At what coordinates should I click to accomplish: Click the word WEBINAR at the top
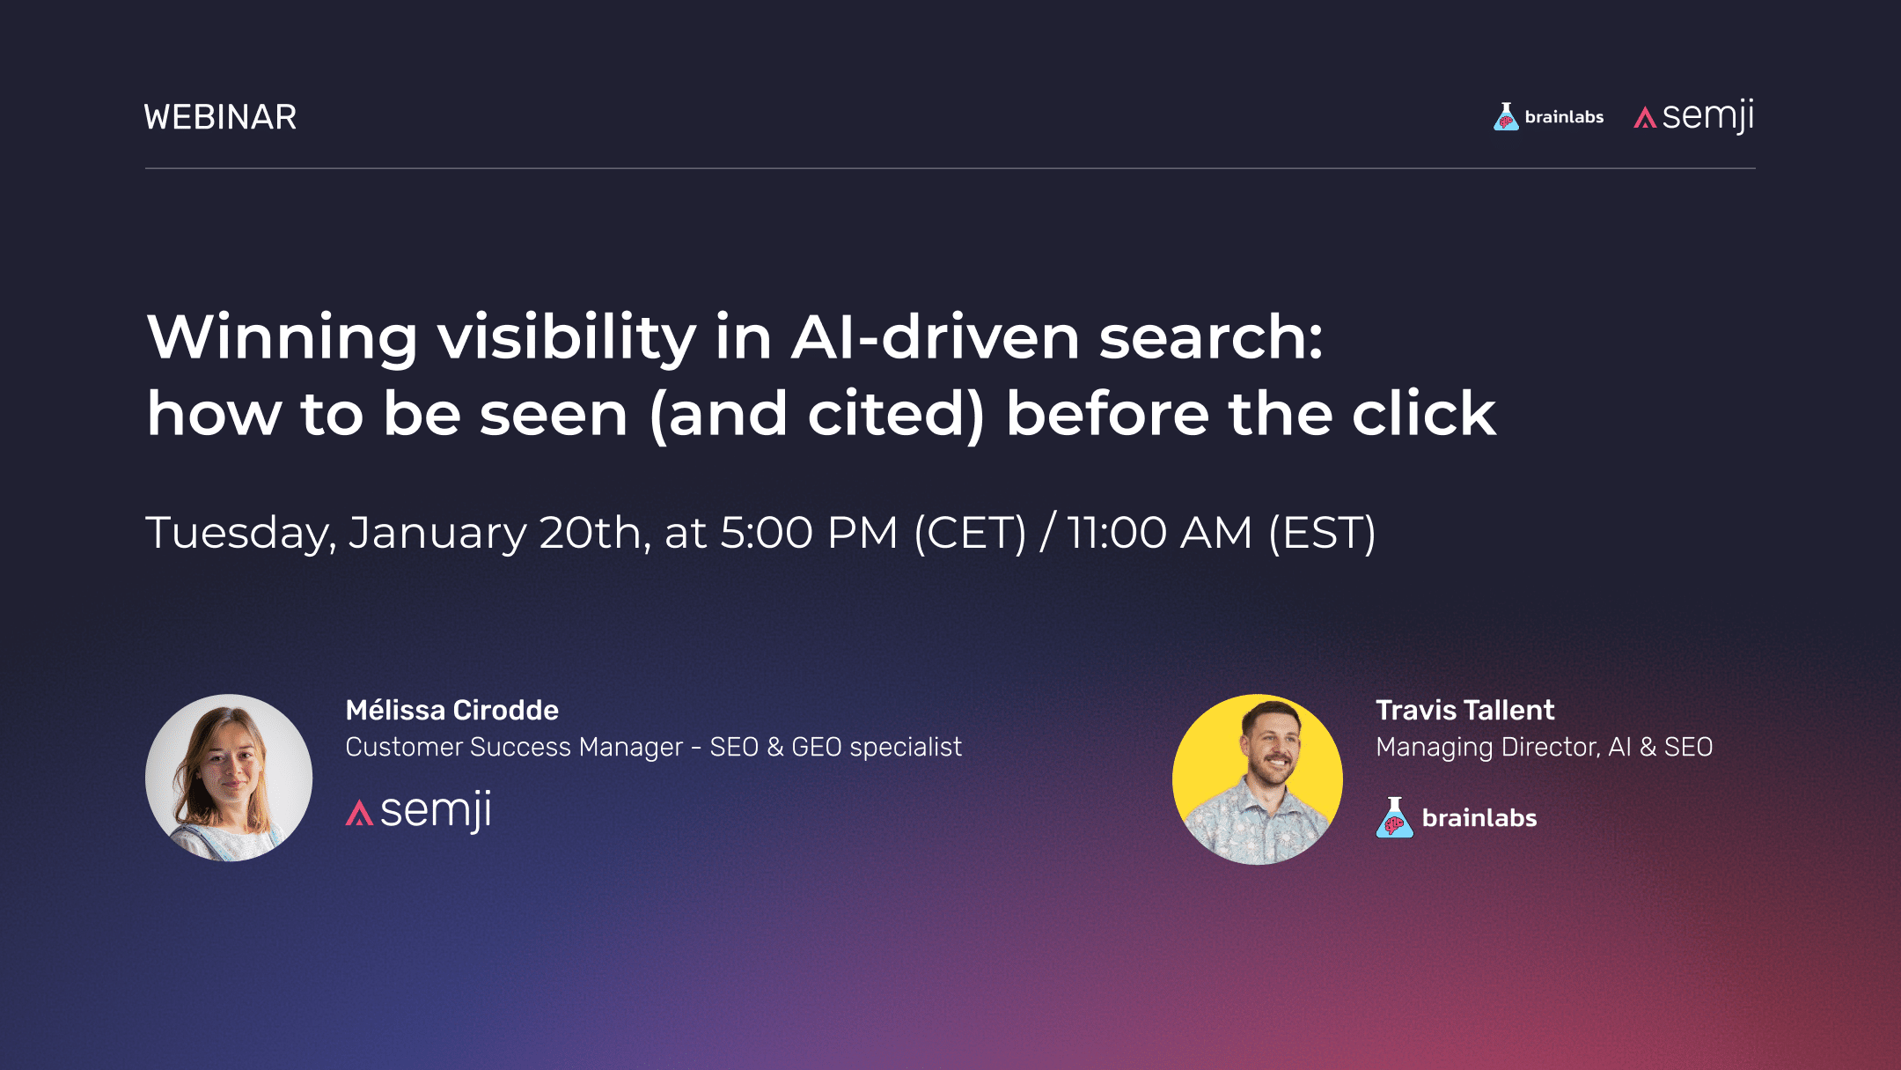point(220,117)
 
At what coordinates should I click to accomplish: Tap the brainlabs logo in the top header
point(1548,117)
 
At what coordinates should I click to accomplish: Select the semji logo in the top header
point(1694,117)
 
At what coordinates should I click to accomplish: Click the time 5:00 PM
point(809,533)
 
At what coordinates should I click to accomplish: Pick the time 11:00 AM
point(1159,533)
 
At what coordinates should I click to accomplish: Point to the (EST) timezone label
point(1322,533)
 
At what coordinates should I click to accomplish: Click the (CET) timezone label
point(970,533)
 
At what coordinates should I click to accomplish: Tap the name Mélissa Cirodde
point(451,710)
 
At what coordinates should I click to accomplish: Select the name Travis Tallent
point(1464,710)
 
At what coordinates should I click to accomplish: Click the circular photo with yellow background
point(1257,779)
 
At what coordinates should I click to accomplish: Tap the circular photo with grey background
point(229,778)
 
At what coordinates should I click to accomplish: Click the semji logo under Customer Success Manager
point(419,811)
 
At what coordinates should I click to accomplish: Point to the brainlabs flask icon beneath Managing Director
point(1394,817)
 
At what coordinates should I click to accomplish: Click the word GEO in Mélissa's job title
point(816,747)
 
